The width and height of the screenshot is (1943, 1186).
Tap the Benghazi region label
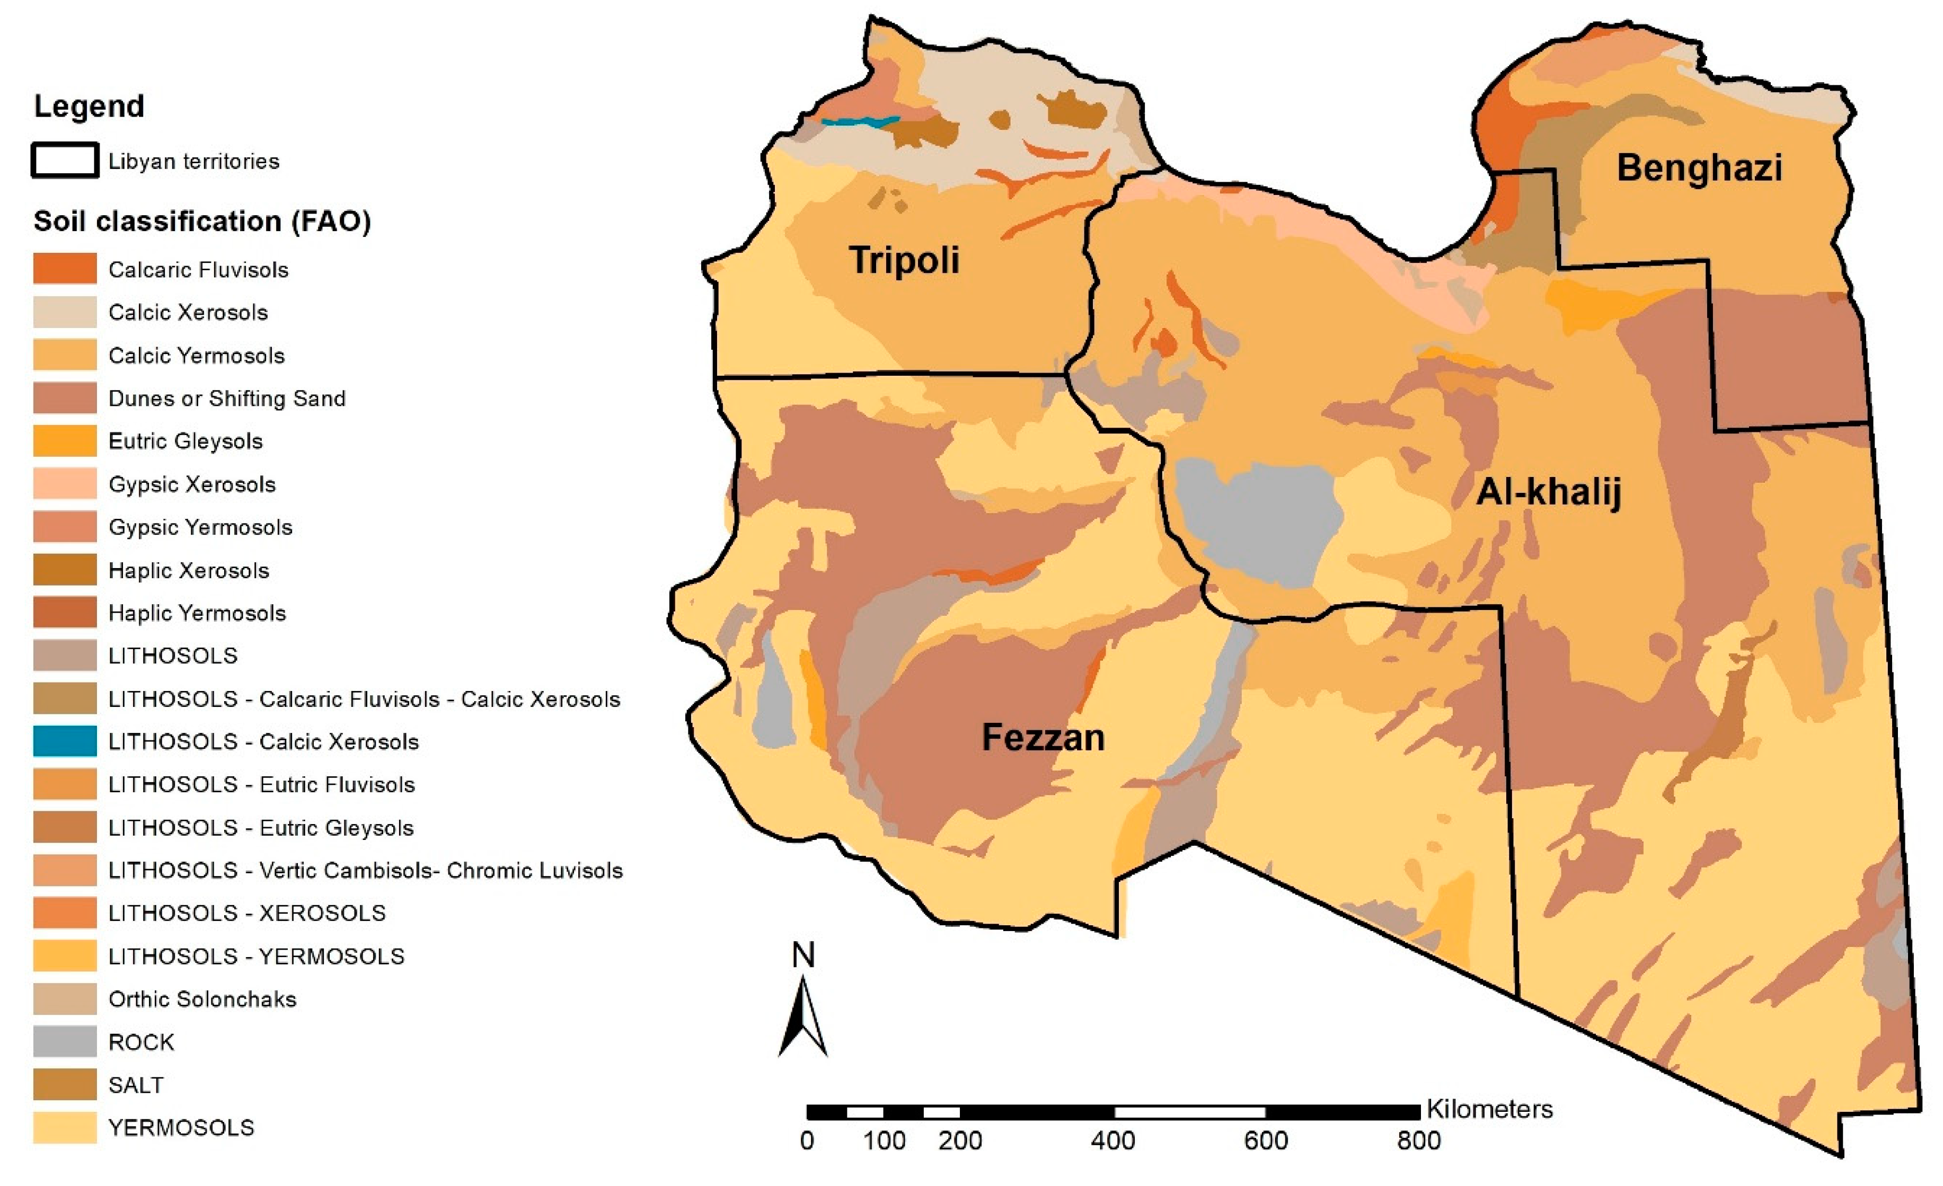tap(1699, 168)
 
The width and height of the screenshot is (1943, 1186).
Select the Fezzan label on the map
tap(1043, 737)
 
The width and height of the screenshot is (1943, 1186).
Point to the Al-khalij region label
tap(1549, 492)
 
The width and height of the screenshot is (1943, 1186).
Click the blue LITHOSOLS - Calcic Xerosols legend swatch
tap(65, 741)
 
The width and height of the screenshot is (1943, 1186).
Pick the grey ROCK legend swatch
tap(65, 1042)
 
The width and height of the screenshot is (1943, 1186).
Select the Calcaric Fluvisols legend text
tap(199, 270)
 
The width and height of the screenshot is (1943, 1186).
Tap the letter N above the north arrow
tap(803, 955)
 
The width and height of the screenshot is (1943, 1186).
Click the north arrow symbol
tap(803, 1017)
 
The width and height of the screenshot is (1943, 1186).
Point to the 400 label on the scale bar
tap(1112, 1140)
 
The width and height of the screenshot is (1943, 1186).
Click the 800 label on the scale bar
tap(1419, 1140)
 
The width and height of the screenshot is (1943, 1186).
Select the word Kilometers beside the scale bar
tap(1490, 1110)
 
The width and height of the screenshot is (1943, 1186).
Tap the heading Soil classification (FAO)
tap(202, 222)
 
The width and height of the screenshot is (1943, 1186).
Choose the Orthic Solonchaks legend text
tap(202, 999)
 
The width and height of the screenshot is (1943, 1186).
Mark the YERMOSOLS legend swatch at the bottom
tap(65, 1128)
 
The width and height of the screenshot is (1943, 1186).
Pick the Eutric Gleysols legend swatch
tap(65, 441)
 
